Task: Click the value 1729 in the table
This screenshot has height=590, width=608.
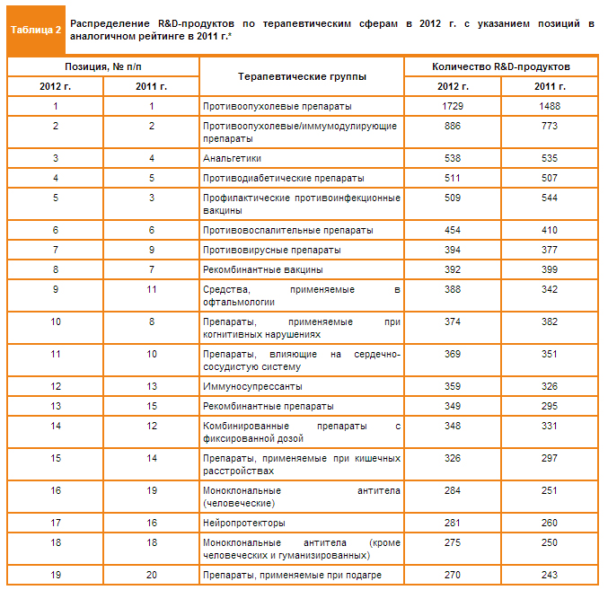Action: (453, 106)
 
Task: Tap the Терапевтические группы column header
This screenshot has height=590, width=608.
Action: (301, 76)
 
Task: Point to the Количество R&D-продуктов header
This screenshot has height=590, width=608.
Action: (500, 66)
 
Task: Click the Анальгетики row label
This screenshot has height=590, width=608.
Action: (231, 158)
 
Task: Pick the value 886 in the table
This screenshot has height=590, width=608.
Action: (453, 126)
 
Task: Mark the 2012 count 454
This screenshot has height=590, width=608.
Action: (453, 230)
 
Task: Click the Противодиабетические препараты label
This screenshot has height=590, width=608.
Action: (284, 178)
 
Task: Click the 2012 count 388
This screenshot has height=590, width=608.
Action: (453, 289)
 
